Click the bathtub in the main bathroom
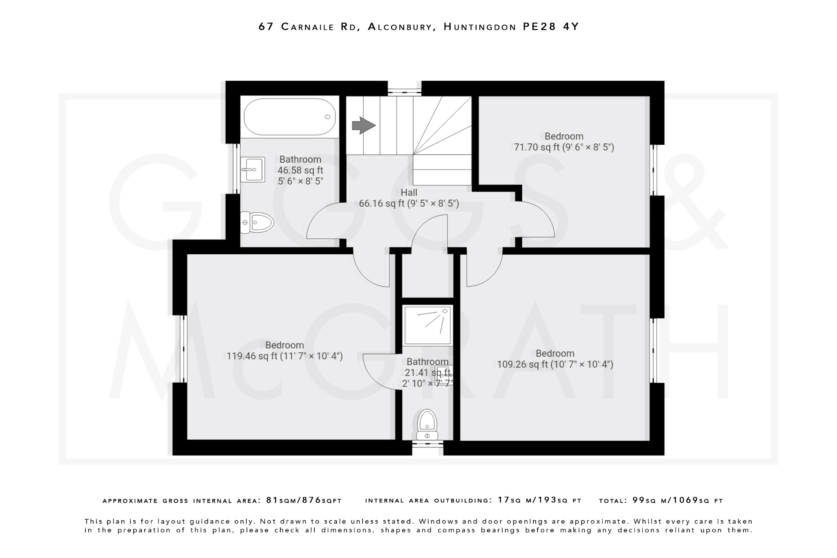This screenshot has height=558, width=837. (289, 117)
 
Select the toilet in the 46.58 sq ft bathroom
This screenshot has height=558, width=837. (257, 223)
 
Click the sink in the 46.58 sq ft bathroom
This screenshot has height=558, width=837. (252, 169)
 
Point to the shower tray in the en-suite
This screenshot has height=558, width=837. (427, 325)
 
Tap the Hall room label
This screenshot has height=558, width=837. (409, 192)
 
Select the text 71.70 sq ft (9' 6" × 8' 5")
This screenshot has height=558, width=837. (564, 147)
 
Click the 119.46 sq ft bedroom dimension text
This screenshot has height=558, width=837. (284, 356)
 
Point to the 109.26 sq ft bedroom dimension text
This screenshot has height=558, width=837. (555, 364)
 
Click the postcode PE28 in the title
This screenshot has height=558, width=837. (539, 27)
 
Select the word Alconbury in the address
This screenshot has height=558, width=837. (400, 27)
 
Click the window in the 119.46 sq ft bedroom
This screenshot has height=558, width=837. (183, 348)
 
